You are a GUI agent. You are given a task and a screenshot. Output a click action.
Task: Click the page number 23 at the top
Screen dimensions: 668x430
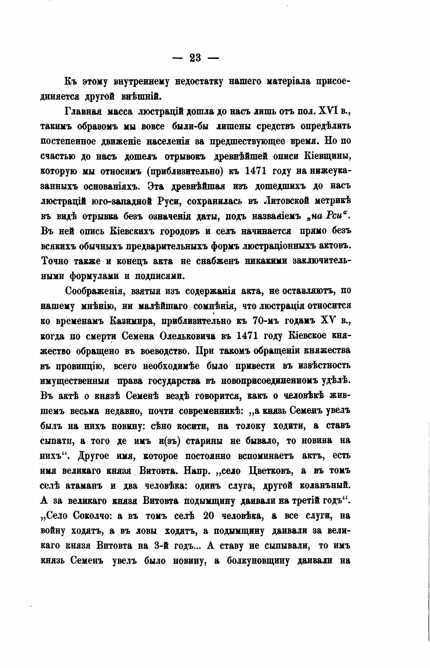(x=195, y=58)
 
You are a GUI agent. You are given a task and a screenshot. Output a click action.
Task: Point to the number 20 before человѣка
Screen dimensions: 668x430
(x=209, y=516)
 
